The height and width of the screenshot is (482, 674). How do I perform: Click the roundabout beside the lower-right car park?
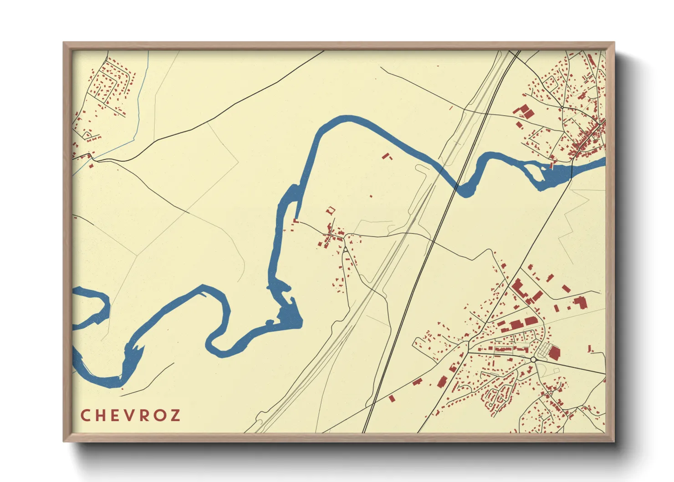tap(533, 360)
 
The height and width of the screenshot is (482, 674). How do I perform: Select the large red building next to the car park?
tap(554, 353)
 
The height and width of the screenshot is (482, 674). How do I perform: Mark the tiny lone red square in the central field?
tap(371, 196)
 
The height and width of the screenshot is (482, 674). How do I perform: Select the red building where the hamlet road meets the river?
tap(295, 221)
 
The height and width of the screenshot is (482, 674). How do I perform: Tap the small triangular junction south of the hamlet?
tap(346, 249)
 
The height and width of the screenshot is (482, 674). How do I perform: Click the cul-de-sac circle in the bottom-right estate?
tap(490, 404)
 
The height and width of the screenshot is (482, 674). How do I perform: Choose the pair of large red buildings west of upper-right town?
tap(524, 112)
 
